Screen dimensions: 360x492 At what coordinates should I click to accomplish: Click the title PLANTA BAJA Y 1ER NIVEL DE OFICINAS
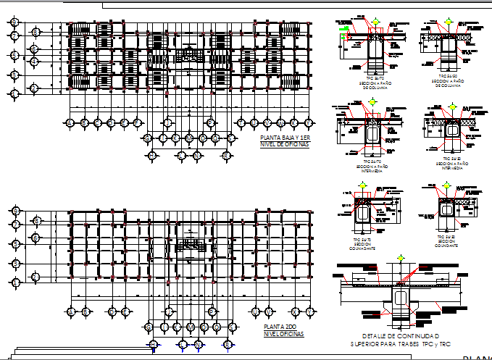pyautogui.click(x=284, y=141)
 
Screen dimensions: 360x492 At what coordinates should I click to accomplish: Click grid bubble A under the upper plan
pyautogui.click(x=70, y=122)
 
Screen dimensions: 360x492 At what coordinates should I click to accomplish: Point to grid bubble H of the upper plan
pyautogui.click(x=167, y=122)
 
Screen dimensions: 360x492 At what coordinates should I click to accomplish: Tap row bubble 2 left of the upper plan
pyautogui.click(x=33, y=88)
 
